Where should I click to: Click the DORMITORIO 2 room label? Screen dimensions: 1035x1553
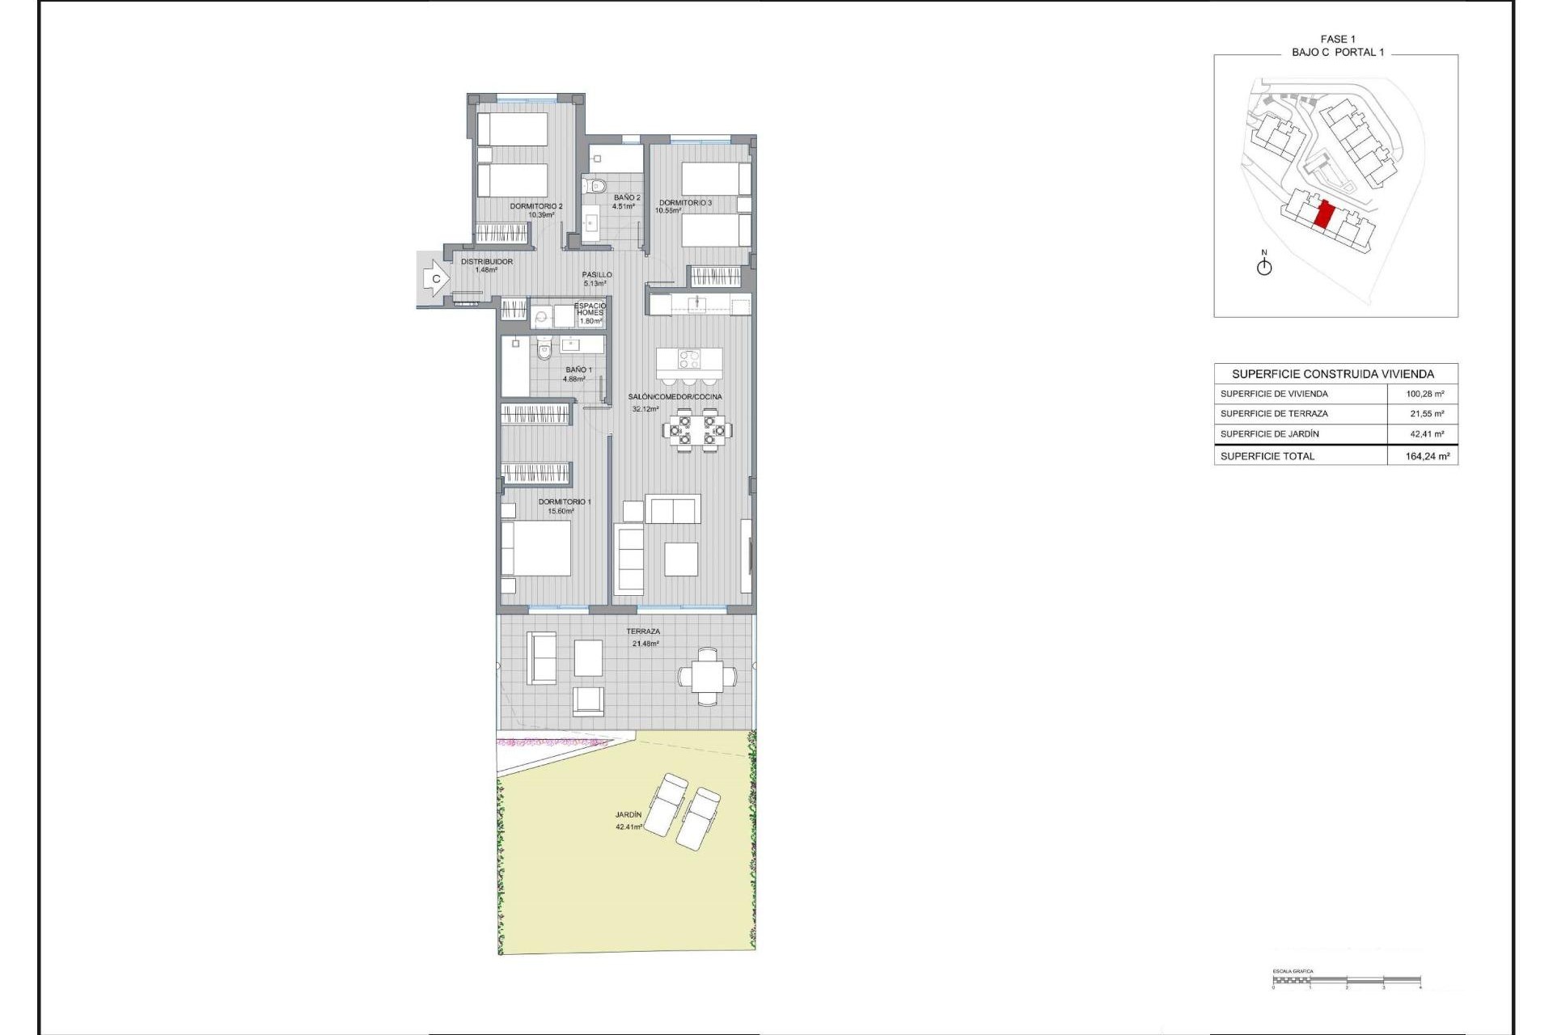click(x=535, y=206)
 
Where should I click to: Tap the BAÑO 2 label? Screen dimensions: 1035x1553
click(x=626, y=197)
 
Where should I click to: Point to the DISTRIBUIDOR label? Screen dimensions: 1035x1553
click(x=486, y=262)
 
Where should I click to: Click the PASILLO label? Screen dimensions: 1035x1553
click(x=597, y=275)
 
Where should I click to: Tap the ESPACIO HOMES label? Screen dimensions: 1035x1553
click(x=590, y=309)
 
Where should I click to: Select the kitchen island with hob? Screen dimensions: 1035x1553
click(x=688, y=359)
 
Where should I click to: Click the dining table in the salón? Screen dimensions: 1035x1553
click(x=696, y=430)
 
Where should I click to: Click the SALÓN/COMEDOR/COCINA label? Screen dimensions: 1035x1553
click(x=675, y=397)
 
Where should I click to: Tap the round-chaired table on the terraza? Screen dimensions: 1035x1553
click(x=707, y=676)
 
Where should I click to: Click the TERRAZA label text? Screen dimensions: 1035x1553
click(x=643, y=632)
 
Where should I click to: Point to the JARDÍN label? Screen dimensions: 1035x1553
click(x=628, y=815)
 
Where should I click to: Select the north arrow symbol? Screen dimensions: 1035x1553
click(x=1264, y=266)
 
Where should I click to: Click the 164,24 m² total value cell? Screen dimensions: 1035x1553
click(x=1427, y=456)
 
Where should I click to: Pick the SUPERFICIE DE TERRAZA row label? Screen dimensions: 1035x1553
click(x=1274, y=414)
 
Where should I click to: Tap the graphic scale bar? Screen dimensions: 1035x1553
click(x=1346, y=983)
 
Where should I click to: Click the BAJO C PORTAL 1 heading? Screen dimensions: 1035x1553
click(x=1337, y=52)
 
